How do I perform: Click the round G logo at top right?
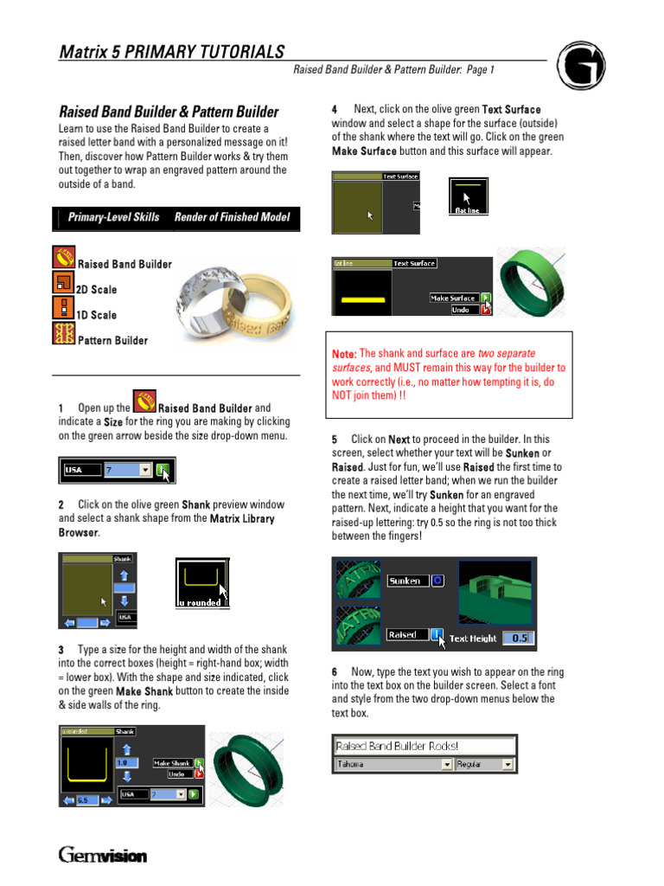[580, 67]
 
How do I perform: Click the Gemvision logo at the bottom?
[103, 856]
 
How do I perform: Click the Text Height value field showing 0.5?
[518, 639]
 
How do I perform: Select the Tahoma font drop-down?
[393, 765]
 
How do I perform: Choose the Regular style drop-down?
[485, 765]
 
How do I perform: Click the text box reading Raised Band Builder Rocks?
[424, 746]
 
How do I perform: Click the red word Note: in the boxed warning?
[344, 355]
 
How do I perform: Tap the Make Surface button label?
[453, 298]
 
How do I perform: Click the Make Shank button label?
[172, 763]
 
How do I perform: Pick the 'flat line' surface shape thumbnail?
[467, 196]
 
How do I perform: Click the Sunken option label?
[405, 581]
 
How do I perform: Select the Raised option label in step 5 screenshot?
[403, 634]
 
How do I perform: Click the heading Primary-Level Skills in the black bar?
[113, 218]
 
